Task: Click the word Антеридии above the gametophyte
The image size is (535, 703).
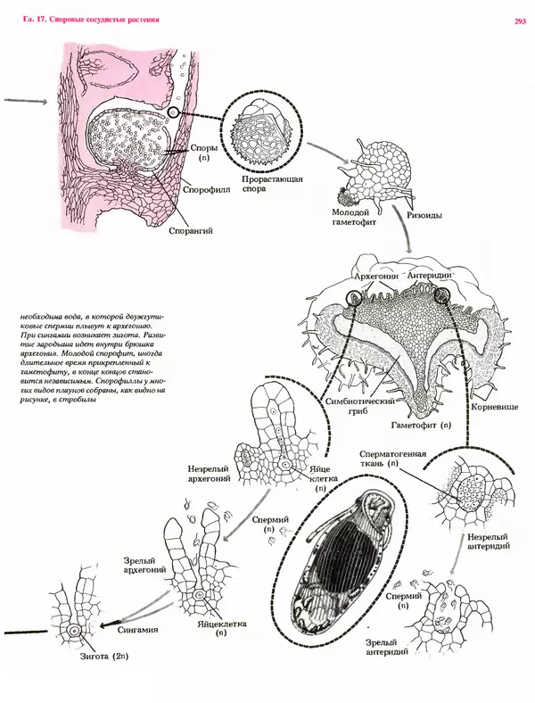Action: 432,277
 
